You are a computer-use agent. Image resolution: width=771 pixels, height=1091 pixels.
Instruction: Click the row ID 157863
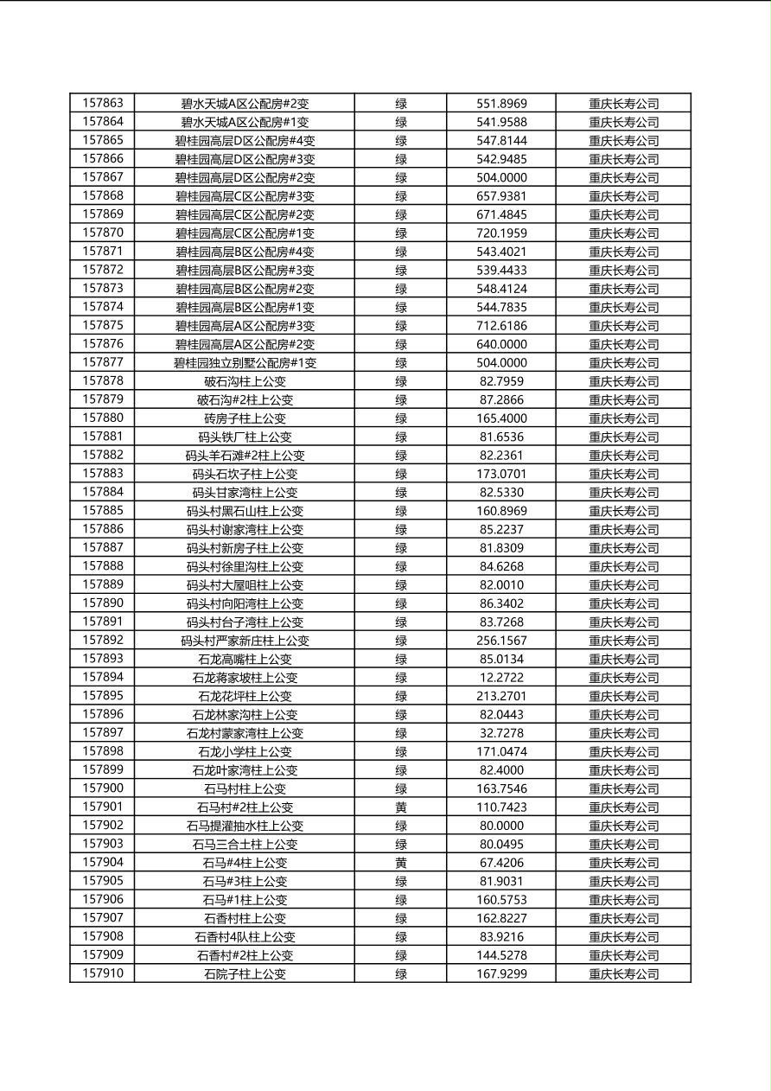(103, 103)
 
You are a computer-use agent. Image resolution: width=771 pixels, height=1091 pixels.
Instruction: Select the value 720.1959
(501, 233)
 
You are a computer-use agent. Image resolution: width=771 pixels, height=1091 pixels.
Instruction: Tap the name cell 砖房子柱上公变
(245, 418)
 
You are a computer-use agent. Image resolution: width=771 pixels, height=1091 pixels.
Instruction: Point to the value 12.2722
(501, 678)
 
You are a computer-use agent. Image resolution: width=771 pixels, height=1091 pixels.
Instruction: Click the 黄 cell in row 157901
(401, 807)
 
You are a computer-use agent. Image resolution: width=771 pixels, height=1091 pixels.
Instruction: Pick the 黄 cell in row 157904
(401, 863)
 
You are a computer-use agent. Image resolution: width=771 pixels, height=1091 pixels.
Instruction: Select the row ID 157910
(103, 973)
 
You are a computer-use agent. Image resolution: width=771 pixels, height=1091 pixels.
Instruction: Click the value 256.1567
(501, 641)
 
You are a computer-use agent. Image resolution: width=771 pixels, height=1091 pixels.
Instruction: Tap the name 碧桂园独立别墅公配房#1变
(245, 363)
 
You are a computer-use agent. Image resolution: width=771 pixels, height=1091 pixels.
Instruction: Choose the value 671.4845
(501, 214)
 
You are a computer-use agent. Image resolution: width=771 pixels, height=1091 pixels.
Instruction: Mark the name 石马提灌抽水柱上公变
(245, 826)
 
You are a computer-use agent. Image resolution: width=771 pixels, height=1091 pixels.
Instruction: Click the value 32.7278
(501, 733)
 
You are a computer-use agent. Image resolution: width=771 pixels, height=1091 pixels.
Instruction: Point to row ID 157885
(103, 511)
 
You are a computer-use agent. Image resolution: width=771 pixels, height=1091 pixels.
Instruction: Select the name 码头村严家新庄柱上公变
(245, 641)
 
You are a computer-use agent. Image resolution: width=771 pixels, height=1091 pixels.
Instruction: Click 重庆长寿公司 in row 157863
(623, 104)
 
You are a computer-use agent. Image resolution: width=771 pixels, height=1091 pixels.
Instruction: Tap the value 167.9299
(501, 974)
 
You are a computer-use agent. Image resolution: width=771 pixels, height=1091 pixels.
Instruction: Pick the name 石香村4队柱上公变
(245, 937)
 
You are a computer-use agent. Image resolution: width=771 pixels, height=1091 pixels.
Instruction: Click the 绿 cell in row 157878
(401, 381)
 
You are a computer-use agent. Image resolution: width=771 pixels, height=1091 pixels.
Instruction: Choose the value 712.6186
(501, 326)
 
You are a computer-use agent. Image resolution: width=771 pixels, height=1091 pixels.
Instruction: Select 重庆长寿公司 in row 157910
(623, 974)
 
